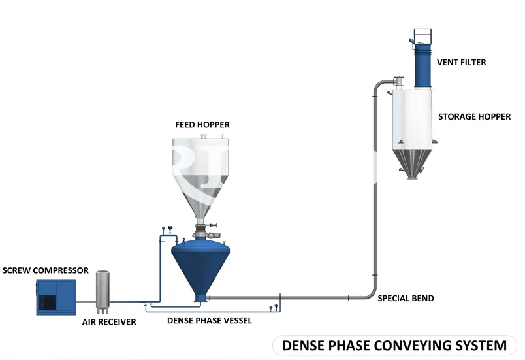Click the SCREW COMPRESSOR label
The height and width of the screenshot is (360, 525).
(46, 270)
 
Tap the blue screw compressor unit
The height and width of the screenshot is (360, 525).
(56, 297)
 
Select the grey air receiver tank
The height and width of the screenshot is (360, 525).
(103, 291)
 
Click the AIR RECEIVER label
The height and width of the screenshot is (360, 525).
(109, 322)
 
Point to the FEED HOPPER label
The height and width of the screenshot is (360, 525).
(202, 125)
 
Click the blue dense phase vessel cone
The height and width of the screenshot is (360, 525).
(200, 268)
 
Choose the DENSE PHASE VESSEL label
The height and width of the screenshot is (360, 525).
(209, 321)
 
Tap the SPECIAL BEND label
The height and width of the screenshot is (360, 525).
(406, 298)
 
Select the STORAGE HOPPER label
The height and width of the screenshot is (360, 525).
(475, 116)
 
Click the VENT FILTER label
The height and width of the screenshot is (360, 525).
(462, 62)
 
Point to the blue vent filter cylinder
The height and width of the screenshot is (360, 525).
(423, 66)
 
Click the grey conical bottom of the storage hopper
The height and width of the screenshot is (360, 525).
(412, 163)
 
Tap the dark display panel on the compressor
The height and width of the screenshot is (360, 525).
(47, 303)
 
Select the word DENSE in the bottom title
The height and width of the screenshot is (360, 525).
(304, 346)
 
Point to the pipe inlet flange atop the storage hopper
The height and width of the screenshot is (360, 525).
(398, 82)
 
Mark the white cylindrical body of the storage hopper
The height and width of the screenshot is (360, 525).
(412, 119)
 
